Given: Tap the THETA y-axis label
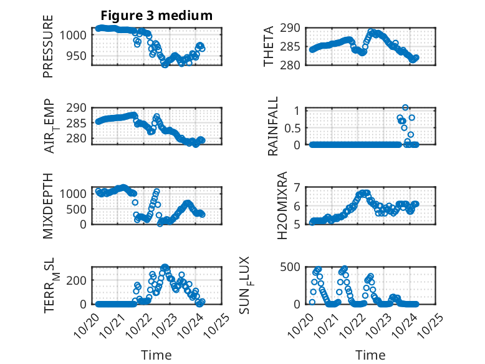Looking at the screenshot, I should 269,46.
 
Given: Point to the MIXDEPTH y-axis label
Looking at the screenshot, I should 48,205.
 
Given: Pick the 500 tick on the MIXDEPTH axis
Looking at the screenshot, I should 79,209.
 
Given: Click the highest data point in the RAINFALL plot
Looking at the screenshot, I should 405,108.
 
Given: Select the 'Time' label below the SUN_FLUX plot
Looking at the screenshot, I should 370,355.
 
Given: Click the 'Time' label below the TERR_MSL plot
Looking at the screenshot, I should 156,355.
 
